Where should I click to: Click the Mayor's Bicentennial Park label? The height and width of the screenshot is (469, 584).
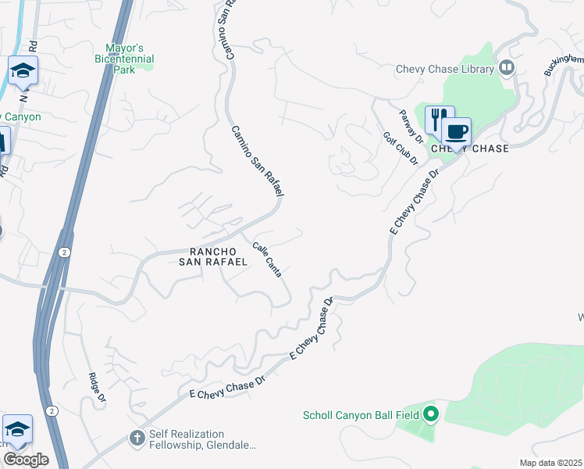124,59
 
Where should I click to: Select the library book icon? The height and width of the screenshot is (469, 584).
507,68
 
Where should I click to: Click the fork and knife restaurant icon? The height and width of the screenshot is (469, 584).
439,119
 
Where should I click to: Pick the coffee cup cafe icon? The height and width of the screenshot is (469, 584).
456,131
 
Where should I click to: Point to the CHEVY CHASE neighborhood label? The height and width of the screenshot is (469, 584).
469,149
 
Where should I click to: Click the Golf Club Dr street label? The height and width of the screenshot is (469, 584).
401,149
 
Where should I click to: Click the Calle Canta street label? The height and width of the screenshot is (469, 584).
267,259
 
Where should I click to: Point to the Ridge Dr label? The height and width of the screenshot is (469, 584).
97,387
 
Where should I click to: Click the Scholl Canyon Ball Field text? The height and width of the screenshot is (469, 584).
360,414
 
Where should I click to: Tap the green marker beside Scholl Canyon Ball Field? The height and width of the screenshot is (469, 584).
430,414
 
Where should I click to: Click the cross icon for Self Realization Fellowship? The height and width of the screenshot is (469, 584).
137,438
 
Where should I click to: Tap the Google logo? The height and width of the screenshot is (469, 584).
26,459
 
